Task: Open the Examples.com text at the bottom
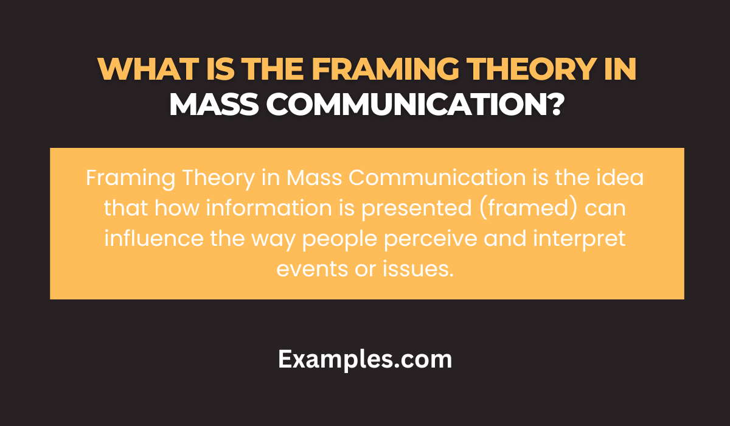click(365, 359)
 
